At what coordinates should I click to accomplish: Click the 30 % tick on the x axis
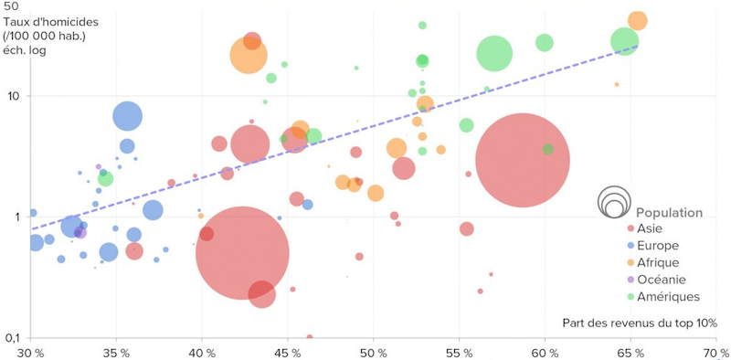tap(30, 351)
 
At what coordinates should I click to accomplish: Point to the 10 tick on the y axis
tap(14, 96)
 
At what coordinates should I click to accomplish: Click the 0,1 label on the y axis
tap(13, 338)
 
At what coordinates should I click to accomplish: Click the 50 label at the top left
tap(12, 6)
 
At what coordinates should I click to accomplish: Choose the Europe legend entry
tap(656, 246)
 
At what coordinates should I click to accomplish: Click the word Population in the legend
tap(669, 212)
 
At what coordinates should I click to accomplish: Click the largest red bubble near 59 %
tap(523, 161)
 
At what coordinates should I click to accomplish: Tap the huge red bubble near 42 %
tap(242, 254)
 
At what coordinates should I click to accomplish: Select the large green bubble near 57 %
tap(495, 54)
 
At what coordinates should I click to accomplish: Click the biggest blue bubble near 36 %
tap(128, 116)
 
